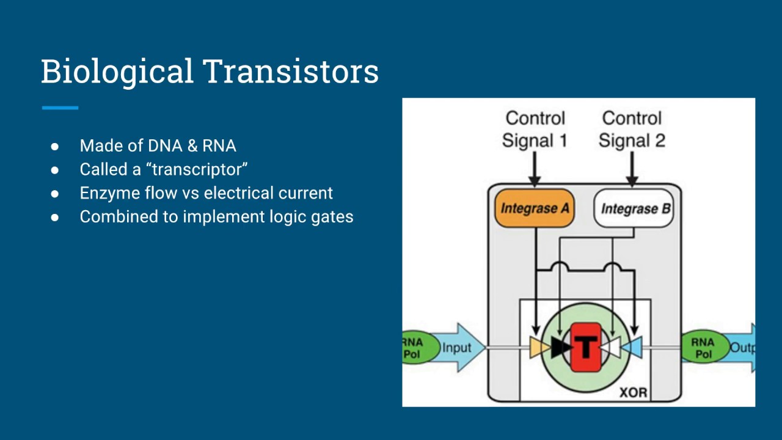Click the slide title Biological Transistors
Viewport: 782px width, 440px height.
tap(210, 71)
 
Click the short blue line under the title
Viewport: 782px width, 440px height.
tap(60, 108)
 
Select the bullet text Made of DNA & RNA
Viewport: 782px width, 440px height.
tap(158, 146)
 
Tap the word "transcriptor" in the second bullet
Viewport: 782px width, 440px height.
tap(197, 169)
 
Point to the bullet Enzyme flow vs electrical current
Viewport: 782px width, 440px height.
tap(206, 193)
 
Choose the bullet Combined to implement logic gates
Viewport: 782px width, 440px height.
tap(216, 217)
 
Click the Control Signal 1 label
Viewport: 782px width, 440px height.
tap(535, 129)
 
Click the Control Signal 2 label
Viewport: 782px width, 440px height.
tap(632, 129)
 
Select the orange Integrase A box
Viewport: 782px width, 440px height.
tap(535, 208)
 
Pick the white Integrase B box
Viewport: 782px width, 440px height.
tap(634, 209)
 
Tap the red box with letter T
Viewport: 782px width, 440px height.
tap(586, 348)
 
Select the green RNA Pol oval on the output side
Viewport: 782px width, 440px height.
tap(703, 348)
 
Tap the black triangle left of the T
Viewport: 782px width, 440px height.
tap(559, 348)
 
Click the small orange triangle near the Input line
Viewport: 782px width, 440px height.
tap(538, 348)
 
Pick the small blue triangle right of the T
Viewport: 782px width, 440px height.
tap(633, 348)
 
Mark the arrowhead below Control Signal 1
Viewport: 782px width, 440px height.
tap(535, 180)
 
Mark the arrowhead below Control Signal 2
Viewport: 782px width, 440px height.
tap(632, 180)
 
